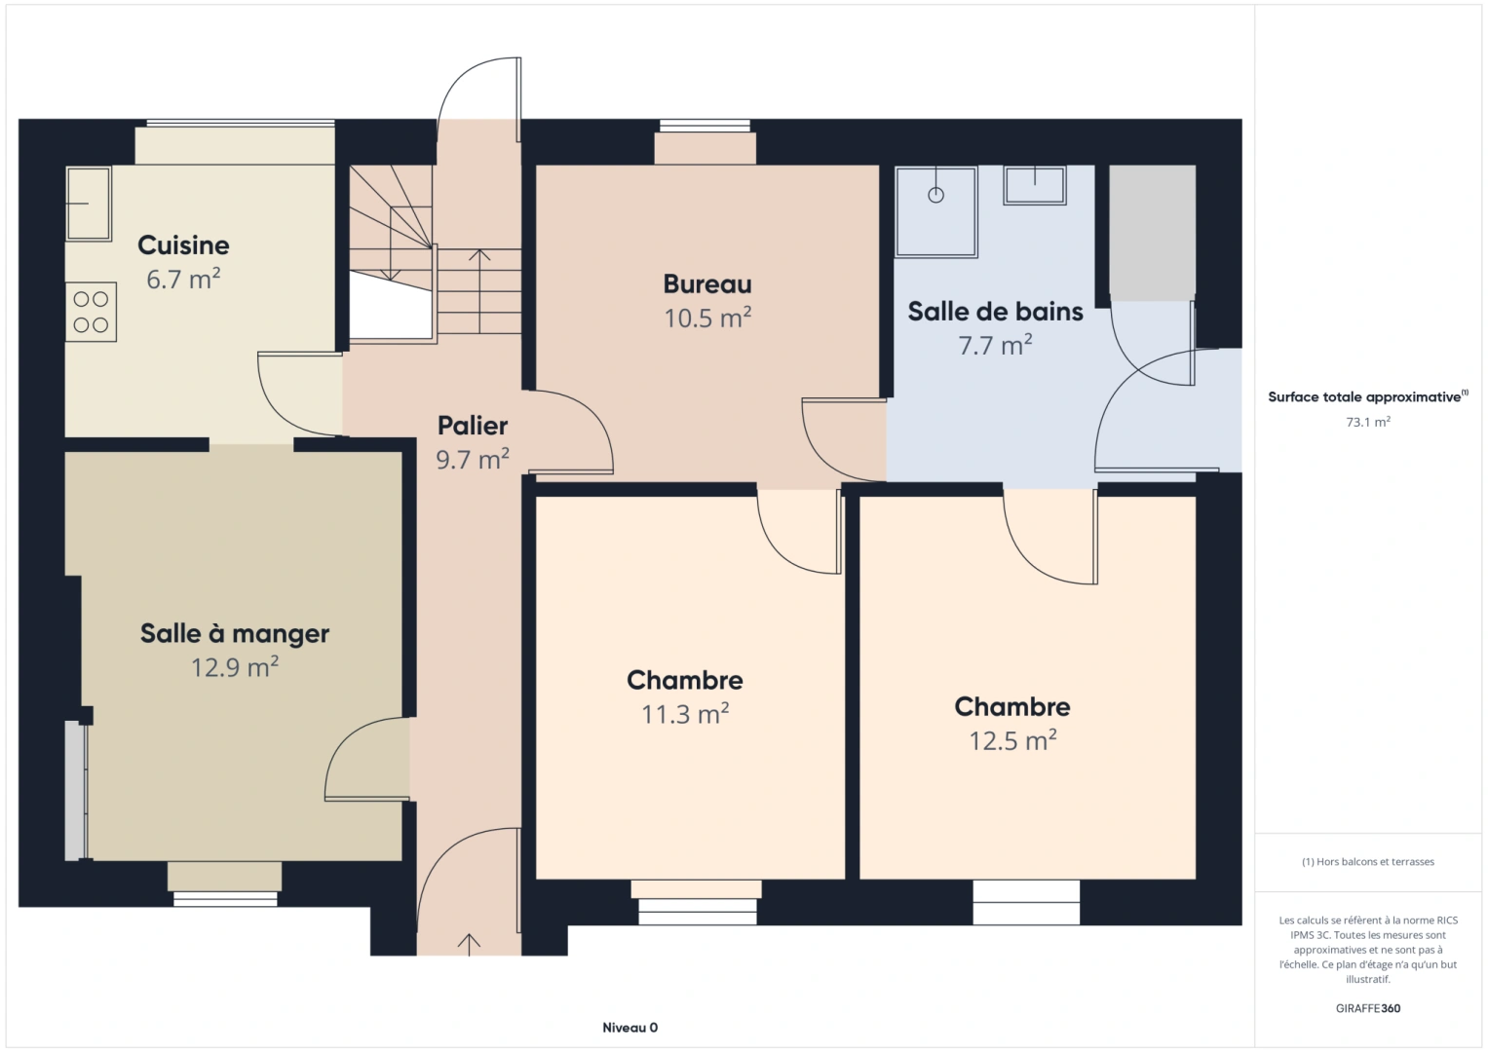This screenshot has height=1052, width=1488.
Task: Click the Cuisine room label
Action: [x=183, y=245]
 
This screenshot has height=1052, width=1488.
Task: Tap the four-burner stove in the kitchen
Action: [x=91, y=312]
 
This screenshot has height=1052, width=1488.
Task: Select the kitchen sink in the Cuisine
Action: [x=88, y=203]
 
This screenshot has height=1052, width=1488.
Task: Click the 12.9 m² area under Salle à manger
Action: [x=235, y=667]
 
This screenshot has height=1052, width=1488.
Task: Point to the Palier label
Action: [x=473, y=426]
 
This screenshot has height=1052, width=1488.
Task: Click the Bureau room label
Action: [x=707, y=284]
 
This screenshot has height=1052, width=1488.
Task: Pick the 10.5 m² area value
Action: [x=707, y=319]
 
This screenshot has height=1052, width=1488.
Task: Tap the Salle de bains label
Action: [x=995, y=312]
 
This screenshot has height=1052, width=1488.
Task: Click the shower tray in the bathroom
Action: [x=935, y=211]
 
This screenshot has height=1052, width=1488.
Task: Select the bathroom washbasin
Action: [x=1035, y=184]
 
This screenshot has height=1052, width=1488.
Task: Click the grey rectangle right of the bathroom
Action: [x=1152, y=232]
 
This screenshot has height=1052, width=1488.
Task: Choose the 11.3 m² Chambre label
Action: [x=685, y=680]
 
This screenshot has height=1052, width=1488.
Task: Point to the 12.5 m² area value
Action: [x=1012, y=741]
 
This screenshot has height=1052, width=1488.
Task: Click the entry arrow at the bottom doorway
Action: [x=469, y=943]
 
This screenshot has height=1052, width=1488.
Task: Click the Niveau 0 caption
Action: [x=630, y=1028]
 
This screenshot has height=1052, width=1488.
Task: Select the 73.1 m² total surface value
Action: [x=1367, y=423]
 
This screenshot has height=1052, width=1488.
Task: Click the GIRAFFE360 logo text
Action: [x=1367, y=1008]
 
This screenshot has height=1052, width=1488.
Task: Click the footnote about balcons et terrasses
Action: [x=1367, y=862]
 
